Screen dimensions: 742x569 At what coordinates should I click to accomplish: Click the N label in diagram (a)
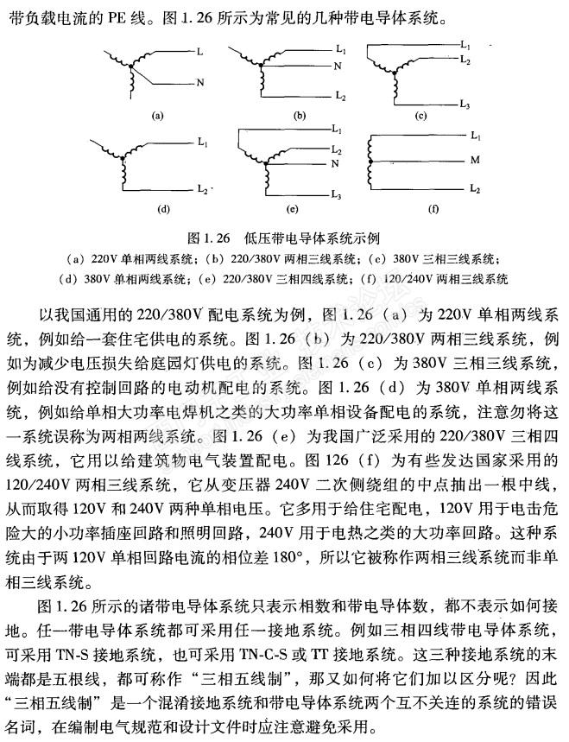tap(200, 83)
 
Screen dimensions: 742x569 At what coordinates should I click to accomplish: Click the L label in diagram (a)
tap(199, 53)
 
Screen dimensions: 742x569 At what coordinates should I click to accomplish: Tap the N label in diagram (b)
tap(338, 66)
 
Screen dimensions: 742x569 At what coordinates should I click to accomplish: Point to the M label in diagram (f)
tap(474, 160)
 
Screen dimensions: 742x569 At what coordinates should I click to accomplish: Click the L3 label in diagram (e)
tap(338, 196)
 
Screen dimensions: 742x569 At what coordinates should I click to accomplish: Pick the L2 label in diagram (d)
tap(202, 187)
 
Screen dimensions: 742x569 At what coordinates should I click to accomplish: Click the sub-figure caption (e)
tap(294, 209)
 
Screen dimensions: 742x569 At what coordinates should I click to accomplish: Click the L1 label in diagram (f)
tap(475, 136)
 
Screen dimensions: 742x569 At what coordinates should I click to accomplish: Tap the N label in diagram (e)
tap(338, 162)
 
